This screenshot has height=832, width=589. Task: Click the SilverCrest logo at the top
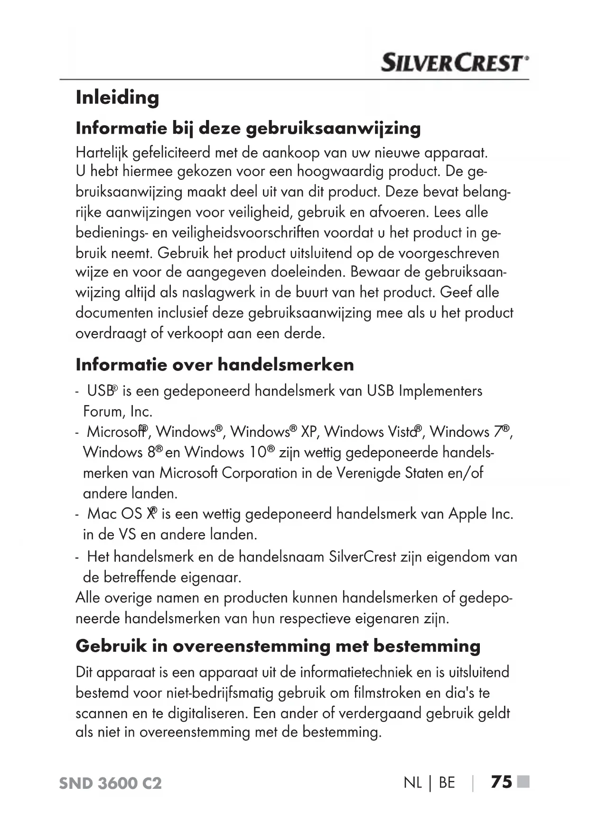tap(454, 63)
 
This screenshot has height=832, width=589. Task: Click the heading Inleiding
tap(117, 98)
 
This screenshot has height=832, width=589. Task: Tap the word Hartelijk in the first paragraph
tap(102, 153)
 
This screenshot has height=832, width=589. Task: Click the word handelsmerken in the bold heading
tap(286, 364)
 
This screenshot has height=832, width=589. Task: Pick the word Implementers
tap(440, 391)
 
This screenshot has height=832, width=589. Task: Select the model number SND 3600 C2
tap(110, 783)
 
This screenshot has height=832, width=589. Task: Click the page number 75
tap(501, 782)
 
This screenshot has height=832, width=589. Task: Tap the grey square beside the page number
tap(523, 782)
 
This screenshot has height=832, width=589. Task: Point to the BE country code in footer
tap(447, 783)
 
